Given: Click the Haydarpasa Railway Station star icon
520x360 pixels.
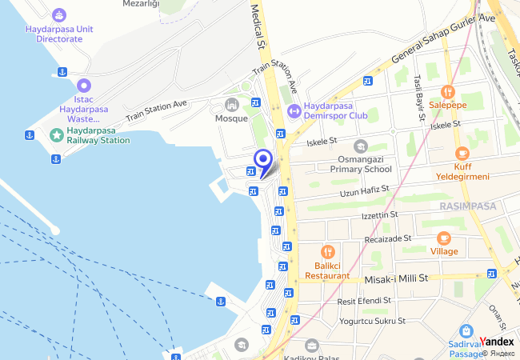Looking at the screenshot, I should point(56,134).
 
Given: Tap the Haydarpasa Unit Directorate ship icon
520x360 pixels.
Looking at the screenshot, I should point(59,14).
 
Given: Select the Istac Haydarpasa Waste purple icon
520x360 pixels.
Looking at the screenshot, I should point(85,85).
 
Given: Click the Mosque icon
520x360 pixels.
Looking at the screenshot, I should point(232,104).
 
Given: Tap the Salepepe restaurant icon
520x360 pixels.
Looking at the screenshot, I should point(447,91).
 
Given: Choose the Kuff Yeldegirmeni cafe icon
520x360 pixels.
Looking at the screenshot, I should point(462,154).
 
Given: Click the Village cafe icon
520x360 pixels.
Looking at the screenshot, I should point(444,238).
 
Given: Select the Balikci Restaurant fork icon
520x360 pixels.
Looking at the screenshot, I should point(327,252).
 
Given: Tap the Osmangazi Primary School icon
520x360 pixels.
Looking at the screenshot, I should point(361,146).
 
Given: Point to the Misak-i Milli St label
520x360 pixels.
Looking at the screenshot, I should point(397,278).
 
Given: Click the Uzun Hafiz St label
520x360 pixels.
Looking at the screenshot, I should point(364,190).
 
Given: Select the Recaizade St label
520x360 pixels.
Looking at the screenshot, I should point(386,238).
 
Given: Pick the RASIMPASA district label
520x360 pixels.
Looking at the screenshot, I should point(468,206).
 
